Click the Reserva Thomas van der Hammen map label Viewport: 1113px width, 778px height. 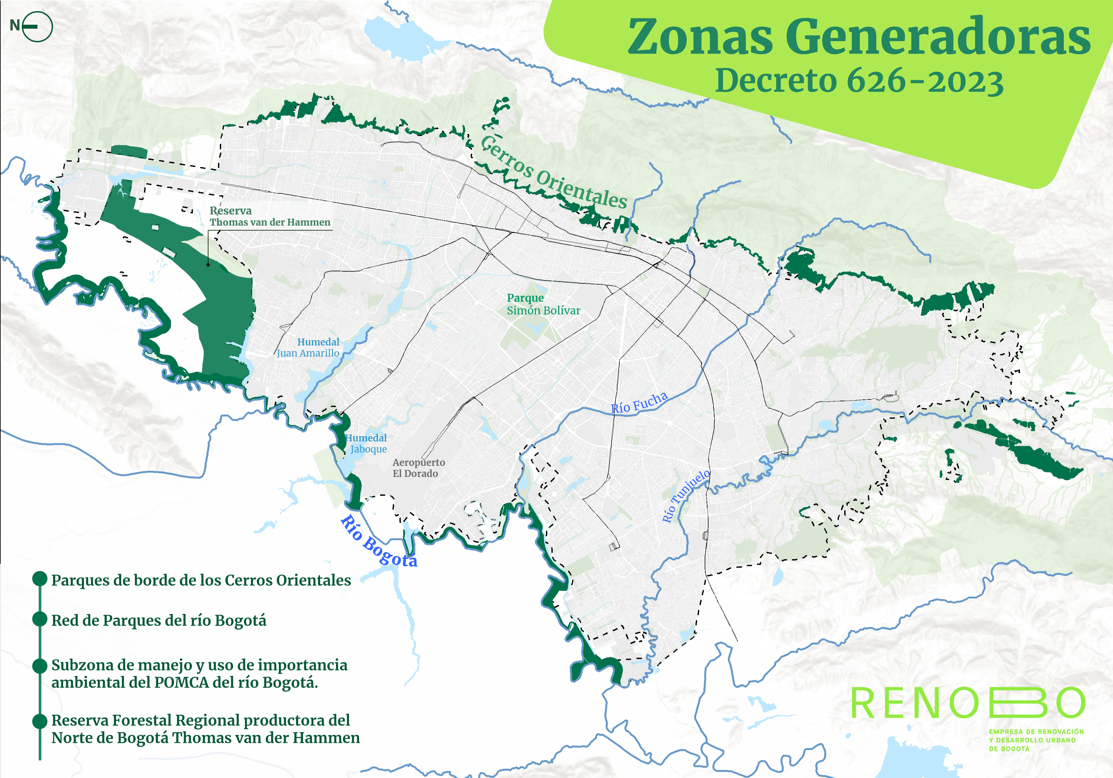tap(269, 217)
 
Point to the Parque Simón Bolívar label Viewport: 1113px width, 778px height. tap(543, 304)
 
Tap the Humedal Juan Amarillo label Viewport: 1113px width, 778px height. tap(308, 347)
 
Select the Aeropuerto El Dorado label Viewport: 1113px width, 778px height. tap(418, 468)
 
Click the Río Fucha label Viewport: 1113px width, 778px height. tap(639, 403)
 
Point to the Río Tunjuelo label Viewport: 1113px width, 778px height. tap(685, 496)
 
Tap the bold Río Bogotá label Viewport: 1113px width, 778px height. tap(379, 541)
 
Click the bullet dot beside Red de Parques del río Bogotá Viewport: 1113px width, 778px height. tap(39, 619)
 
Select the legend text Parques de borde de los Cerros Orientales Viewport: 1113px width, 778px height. tap(201, 580)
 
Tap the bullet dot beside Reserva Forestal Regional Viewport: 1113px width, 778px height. tap(39, 721)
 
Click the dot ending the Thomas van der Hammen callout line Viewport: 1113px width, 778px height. tap(208, 264)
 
